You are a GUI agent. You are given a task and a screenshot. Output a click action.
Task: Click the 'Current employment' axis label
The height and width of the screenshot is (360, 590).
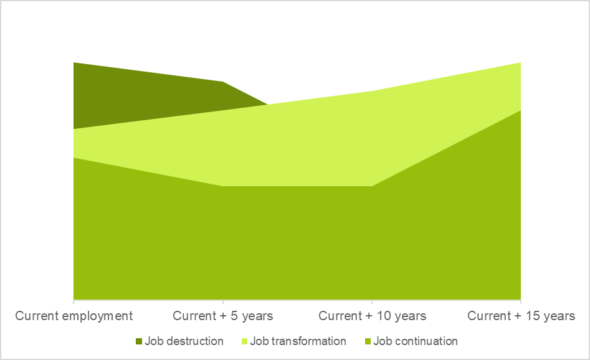click(74, 316)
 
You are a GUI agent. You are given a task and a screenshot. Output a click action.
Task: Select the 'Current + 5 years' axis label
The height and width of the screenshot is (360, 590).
click(222, 316)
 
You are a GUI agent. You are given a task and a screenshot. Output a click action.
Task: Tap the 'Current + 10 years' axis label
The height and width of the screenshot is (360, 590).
click(372, 316)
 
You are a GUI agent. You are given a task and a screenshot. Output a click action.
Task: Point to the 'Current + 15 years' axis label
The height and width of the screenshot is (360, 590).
click(521, 316)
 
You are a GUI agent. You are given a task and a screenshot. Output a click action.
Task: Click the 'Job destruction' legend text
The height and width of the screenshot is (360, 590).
click(184, 341)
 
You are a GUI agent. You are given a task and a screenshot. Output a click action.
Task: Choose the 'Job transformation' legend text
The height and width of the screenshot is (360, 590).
click(298, 341)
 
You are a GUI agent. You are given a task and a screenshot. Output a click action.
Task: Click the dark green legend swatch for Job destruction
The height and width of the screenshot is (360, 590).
click(138, 341)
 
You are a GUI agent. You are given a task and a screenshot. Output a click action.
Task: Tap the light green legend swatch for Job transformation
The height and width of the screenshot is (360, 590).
click(244, 341)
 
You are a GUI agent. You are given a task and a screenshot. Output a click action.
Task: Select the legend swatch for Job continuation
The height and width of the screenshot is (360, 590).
click(368, 341)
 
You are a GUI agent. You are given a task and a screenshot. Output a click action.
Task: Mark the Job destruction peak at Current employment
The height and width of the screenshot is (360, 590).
click(74, 63)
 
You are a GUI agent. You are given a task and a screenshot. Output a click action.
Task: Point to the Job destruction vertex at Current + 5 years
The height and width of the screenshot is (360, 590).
click(222, 82)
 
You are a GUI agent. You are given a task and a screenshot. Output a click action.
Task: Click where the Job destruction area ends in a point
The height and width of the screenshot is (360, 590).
click(268, 104)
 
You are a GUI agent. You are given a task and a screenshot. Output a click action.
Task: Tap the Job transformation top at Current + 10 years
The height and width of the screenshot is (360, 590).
click(372, 92)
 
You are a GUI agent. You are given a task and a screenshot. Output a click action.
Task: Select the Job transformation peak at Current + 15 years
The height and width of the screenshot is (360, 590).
click(520, 63)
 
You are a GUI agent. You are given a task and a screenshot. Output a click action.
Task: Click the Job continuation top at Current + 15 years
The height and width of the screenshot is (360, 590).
click(520, 110)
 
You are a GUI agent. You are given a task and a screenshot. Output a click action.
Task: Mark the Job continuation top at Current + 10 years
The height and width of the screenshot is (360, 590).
click(372, 186)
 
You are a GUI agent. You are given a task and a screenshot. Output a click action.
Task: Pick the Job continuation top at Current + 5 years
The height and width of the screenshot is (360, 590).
click(222, 186)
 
